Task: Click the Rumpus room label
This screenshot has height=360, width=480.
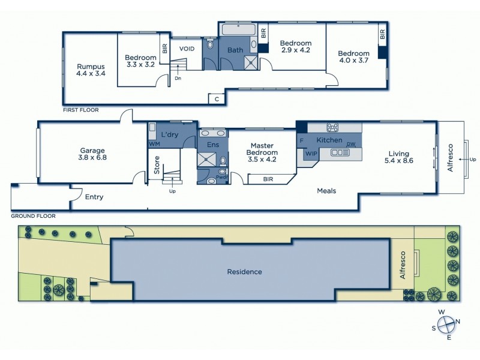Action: [91, 70]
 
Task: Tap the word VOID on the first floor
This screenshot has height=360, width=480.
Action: [187, 49]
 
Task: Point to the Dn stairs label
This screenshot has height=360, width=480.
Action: [178, 78]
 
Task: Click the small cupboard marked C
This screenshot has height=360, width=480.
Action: [216, 98]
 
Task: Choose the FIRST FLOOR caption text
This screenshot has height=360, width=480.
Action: [80, 110]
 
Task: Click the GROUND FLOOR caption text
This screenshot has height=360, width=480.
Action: [34, 215]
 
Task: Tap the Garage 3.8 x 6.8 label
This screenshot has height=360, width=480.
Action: [93, 154]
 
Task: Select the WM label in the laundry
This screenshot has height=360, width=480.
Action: [154, 144]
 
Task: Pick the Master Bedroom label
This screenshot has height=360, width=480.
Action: [262, 149]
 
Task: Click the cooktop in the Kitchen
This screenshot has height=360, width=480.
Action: [333, 127]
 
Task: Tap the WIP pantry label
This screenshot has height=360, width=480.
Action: [311, 154]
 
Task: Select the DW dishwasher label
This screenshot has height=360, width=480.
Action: [352, 144]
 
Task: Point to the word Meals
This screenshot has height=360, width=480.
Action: [326, 191]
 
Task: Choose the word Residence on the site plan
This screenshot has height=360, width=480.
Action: [244, 272]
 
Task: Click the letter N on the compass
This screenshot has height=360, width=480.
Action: [458, 321]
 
